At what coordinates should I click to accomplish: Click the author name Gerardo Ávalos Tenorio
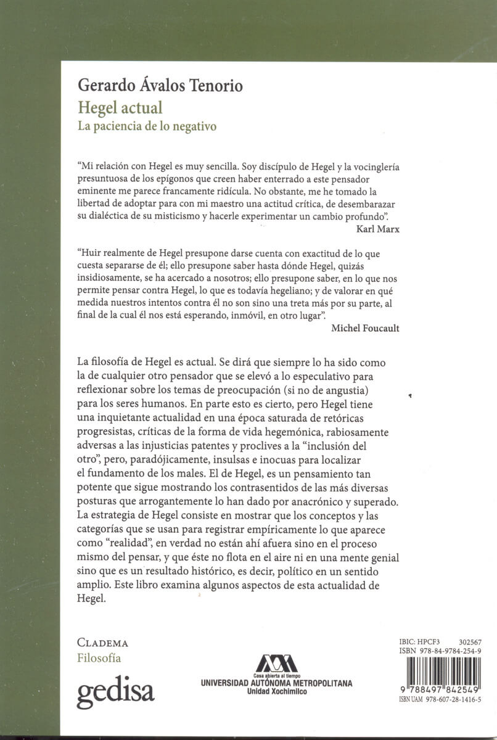[x=160, y=85]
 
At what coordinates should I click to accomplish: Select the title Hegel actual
[x=120, y=108]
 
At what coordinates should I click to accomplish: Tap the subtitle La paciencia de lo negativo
[x=147, y=128]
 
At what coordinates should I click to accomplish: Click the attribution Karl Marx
[x=377, y=228]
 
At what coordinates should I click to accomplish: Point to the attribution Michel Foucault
[x=365, y=328]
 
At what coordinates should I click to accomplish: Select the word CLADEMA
[x=102, y=643]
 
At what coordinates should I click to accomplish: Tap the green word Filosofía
[x=99, y=658]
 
